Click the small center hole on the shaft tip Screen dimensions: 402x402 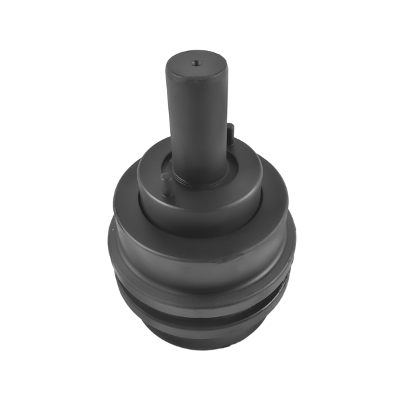[195, 63]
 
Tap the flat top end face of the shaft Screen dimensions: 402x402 [188, 67]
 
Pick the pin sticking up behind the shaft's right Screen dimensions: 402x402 [230, 134]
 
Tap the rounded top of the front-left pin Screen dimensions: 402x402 [166, 177]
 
